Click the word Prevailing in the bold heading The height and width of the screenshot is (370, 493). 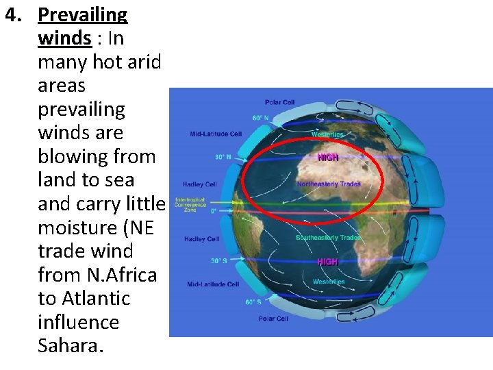point(83,14)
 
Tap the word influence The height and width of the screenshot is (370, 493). point(78,321)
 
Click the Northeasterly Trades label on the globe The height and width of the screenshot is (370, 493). point(328,184)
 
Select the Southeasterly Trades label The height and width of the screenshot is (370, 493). point(328,237)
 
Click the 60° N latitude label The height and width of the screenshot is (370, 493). point(260,118)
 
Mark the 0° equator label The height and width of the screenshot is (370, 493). point(214,211)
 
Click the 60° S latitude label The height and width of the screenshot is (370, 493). point(253,301)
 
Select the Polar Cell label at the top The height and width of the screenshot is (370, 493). point(279,103)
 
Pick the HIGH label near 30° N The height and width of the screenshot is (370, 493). point(328,157)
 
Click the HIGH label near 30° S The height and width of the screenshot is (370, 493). point(327,262)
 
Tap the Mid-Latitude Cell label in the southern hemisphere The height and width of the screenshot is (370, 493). point(213,284)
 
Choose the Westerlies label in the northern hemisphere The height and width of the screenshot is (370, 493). point(328,134)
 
